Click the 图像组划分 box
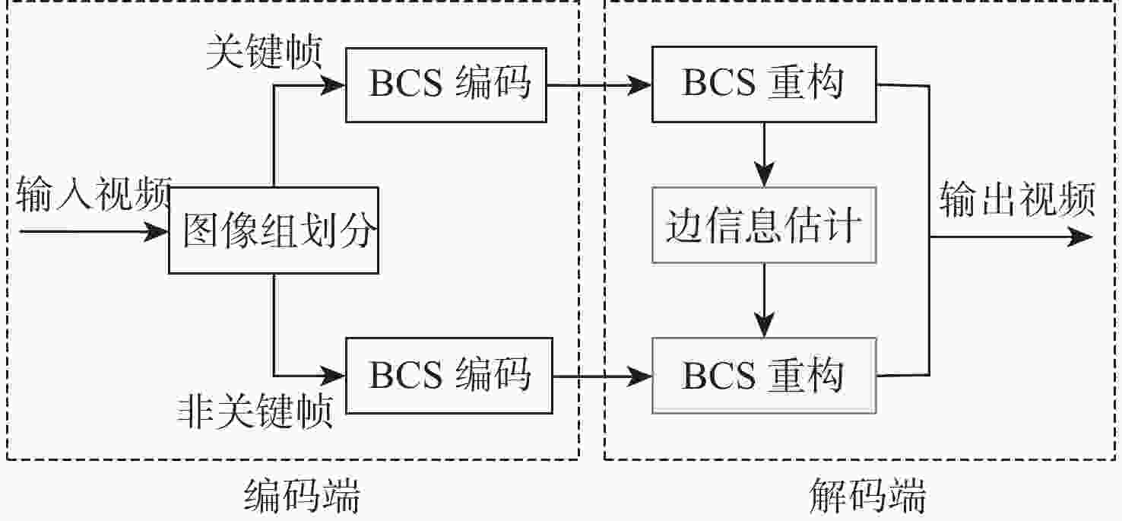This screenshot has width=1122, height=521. [x=274, y=231]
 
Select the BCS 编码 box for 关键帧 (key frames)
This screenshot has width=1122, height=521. [x=445, y=84]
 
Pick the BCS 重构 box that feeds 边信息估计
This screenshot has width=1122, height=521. [x=763, y=84]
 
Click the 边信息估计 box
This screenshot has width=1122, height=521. [x=763, y=227]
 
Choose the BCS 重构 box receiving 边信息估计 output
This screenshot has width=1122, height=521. [x=763, y=376]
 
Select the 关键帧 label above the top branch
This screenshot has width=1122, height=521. [x=265, y=53]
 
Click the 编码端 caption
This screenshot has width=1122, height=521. [x=302, y=499]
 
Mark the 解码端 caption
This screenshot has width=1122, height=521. [x=867, y=499]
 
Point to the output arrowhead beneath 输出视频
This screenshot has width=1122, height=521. [x=1079, y=237]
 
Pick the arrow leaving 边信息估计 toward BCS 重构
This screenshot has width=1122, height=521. [x=764, y=300]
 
